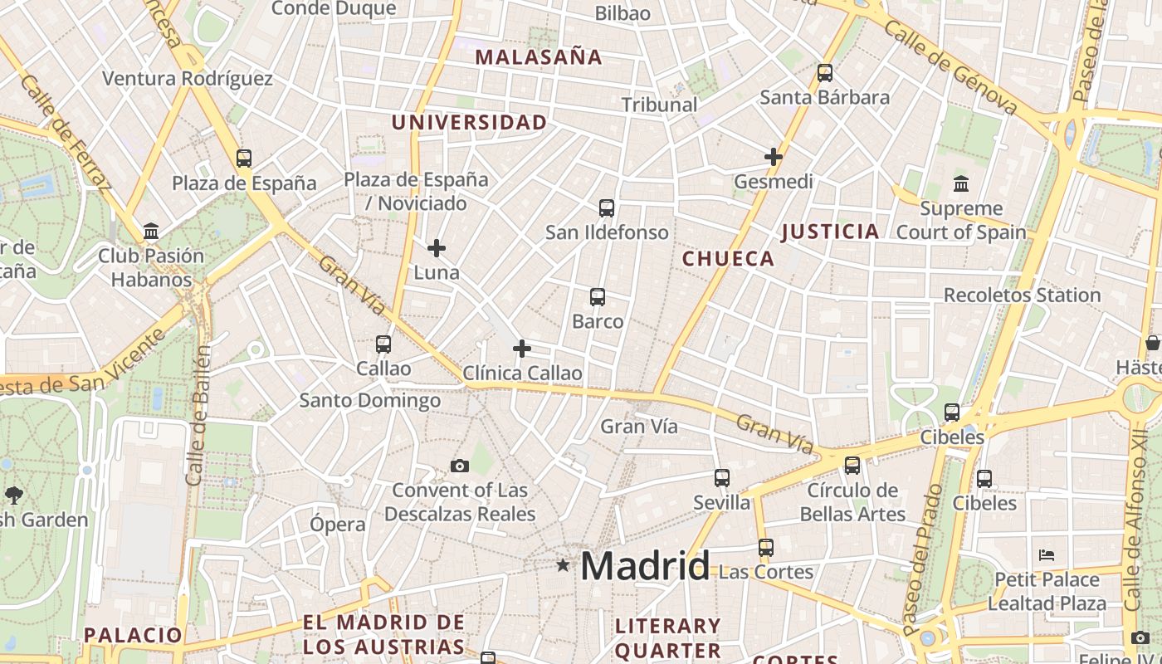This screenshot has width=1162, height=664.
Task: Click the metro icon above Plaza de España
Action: [243, 158]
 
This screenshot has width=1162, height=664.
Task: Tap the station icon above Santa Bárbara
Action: [824, 72]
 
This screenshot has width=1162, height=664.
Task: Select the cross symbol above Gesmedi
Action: [774, 156]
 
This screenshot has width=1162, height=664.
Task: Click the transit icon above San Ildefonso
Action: [607, 207]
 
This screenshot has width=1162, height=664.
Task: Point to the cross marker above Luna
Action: [437, 247]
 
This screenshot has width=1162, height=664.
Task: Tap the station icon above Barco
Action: [597, 296]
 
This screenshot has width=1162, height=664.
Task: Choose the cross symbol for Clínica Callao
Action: [521, 349]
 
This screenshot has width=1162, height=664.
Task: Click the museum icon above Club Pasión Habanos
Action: [151, 231]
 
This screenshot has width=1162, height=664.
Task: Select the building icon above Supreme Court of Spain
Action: [961, 183]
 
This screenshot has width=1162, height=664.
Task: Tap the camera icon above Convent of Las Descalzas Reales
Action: [459, 466]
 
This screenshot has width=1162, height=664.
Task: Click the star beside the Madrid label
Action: [564, 565]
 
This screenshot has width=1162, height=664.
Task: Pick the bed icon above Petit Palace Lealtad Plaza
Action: [1047, 554]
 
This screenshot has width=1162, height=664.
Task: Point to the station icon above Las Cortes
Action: [765, 547]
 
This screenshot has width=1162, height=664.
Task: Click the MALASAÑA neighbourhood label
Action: [538, 57]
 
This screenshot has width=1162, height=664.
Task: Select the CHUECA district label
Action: [728, 259]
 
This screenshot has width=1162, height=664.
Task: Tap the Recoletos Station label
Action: [1022, 295]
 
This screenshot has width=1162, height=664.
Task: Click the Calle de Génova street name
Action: [950, 66]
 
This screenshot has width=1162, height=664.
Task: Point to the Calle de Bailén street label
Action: [197, 415]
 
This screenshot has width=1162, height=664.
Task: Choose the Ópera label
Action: [337, 525]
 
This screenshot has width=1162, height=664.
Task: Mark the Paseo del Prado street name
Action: [921, 559]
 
